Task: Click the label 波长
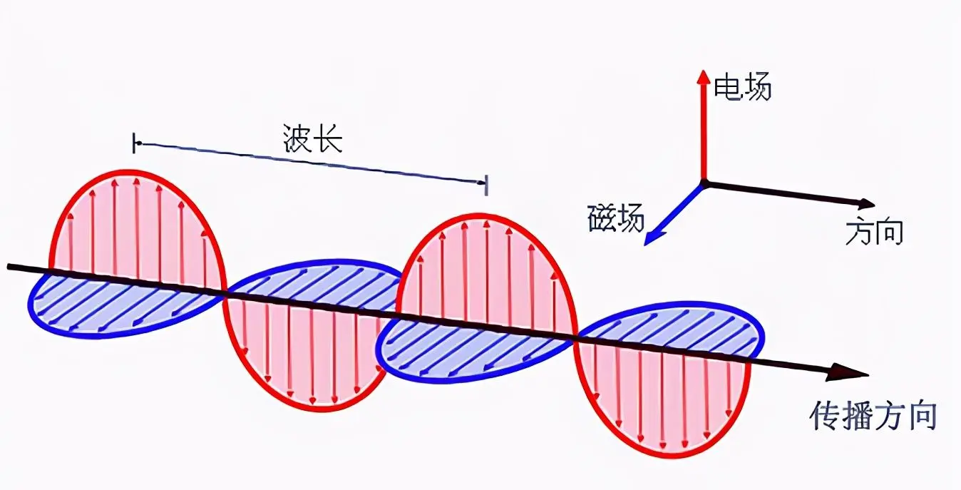tap(313, 138)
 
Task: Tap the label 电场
tap(743, 87)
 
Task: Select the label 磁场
tap(616, 218)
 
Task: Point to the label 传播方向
tap(873, 417)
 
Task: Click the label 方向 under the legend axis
tap(875, 233)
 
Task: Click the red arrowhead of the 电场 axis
tap(703, 76)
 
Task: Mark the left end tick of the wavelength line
tap(134, 143)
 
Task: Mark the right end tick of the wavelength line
tap(486, 185)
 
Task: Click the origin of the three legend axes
tap(704, 183)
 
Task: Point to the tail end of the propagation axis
tap(9, 267)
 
